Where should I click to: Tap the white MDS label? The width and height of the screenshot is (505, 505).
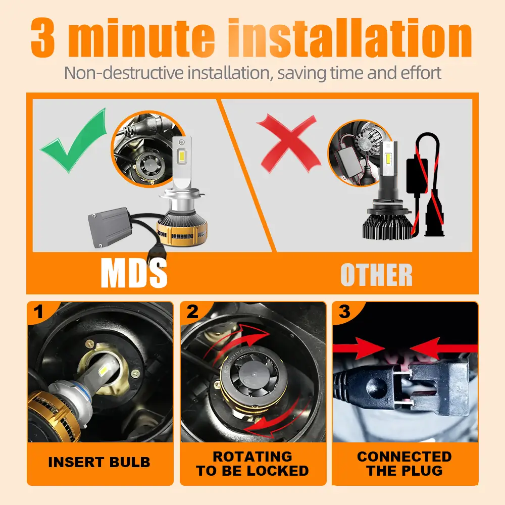click(x=134, y=274)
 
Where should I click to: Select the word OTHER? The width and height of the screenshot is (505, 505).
click(x=377, y=275)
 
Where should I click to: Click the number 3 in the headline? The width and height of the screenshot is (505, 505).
click(x=43, y=38)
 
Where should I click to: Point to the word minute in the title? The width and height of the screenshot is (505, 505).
click(x=141, y=38)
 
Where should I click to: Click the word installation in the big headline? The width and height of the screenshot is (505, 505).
click(x=350, y=38)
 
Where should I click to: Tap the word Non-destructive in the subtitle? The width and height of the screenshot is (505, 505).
click(x=125, y=73)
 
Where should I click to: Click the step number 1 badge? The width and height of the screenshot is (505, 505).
click(x=39, y=312)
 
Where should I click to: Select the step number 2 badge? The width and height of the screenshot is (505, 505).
click(x=192, y=312)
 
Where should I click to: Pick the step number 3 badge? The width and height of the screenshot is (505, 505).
click(x=344, y=312)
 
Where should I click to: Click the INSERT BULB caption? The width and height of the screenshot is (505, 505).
click(x=99, y=463)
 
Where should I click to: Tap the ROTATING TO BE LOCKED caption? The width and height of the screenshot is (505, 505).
click(x=252, y=464)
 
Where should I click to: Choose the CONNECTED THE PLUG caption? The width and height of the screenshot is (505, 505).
click(x=405, y=464)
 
